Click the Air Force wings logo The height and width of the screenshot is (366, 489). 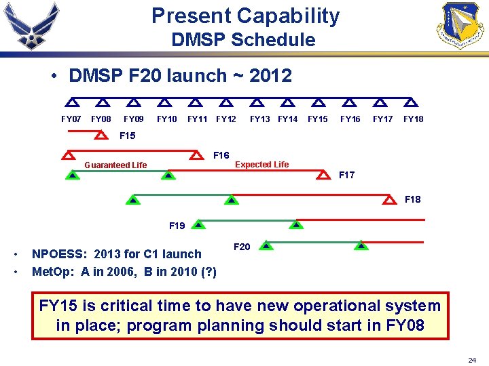[x=31, y=26]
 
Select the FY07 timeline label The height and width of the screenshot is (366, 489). [x=71, y=119]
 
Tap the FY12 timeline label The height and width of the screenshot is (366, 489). [x=226, y=119]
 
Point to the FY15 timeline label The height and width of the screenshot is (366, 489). [x=318, y=119]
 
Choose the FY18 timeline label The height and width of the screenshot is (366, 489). [x=413, y=119]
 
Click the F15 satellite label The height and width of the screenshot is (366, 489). [x=127, y=136]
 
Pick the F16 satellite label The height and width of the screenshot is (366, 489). [x=221, y=155]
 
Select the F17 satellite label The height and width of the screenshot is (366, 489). [x=346, y=175]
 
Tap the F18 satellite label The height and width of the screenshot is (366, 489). [x=412, y=199]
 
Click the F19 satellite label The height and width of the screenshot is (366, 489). [x=177, y=225]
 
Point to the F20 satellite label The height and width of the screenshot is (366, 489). [x=242, y=247]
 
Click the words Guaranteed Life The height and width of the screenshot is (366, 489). [x=115, y=165]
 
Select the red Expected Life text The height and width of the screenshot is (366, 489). [x=261, y=164]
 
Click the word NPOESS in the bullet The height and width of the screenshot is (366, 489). [x=58, y=254]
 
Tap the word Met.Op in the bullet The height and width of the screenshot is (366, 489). [x=53, y=272]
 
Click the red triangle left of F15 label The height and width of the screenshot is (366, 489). [x=100, y=136]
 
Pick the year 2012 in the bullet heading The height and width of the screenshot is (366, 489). [x=270, y=76]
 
